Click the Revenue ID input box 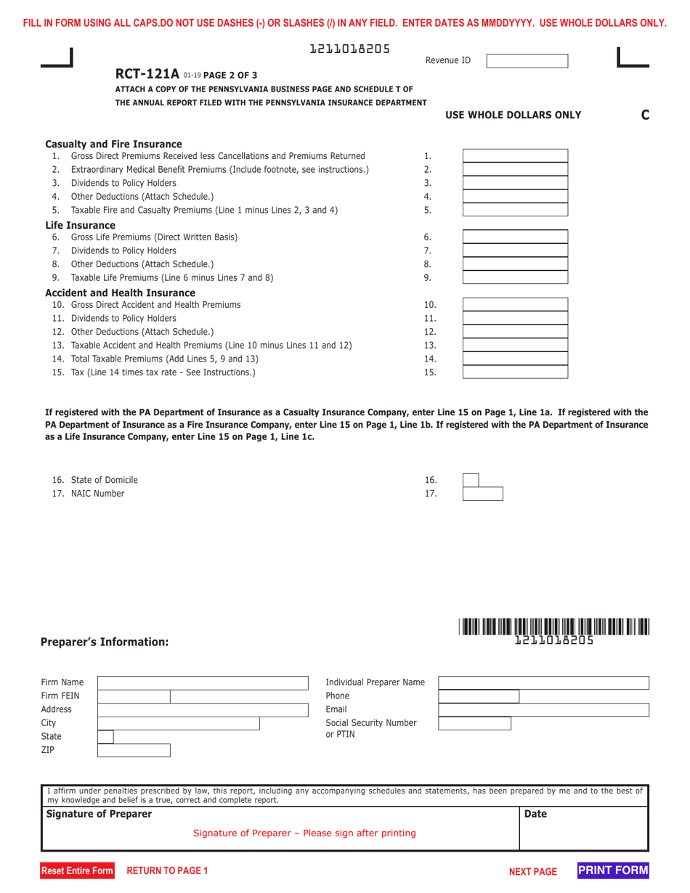pos(527,61)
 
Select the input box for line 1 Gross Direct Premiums pos(515,156)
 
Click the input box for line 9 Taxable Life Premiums pos(515,277)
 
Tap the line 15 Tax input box pos(515,372)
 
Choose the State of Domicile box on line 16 pos(471,480)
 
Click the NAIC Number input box pos(482,494)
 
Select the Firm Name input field pos(203,683)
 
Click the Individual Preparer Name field pos(543,682)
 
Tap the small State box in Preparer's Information pos(105,737)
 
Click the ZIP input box pos(134,751)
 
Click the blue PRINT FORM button pos(613,870)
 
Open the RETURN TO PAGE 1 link pos(167,870)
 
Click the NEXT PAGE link pos(532,871)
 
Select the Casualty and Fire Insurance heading pos(113,144)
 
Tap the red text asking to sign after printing pos(304,833)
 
